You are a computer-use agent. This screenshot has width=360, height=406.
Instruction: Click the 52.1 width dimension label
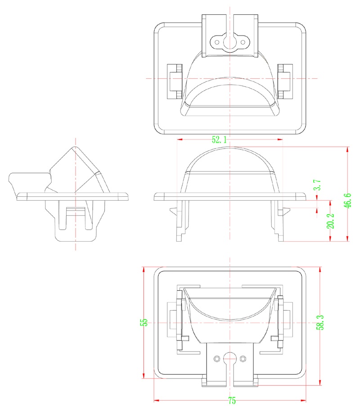[219, 140]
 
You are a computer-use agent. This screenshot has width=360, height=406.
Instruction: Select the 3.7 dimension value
[317, 185]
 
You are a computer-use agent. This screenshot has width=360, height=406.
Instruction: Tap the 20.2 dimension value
[330, 221]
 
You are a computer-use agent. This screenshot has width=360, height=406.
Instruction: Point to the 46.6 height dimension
[347, 201]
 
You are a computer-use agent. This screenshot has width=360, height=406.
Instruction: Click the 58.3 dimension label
[320, 322]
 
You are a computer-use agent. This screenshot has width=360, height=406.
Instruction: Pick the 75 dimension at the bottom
[232, 401]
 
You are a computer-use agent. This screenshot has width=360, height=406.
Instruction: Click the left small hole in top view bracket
[217, 42]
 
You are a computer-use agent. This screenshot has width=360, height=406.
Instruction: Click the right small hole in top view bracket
[243, 42]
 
